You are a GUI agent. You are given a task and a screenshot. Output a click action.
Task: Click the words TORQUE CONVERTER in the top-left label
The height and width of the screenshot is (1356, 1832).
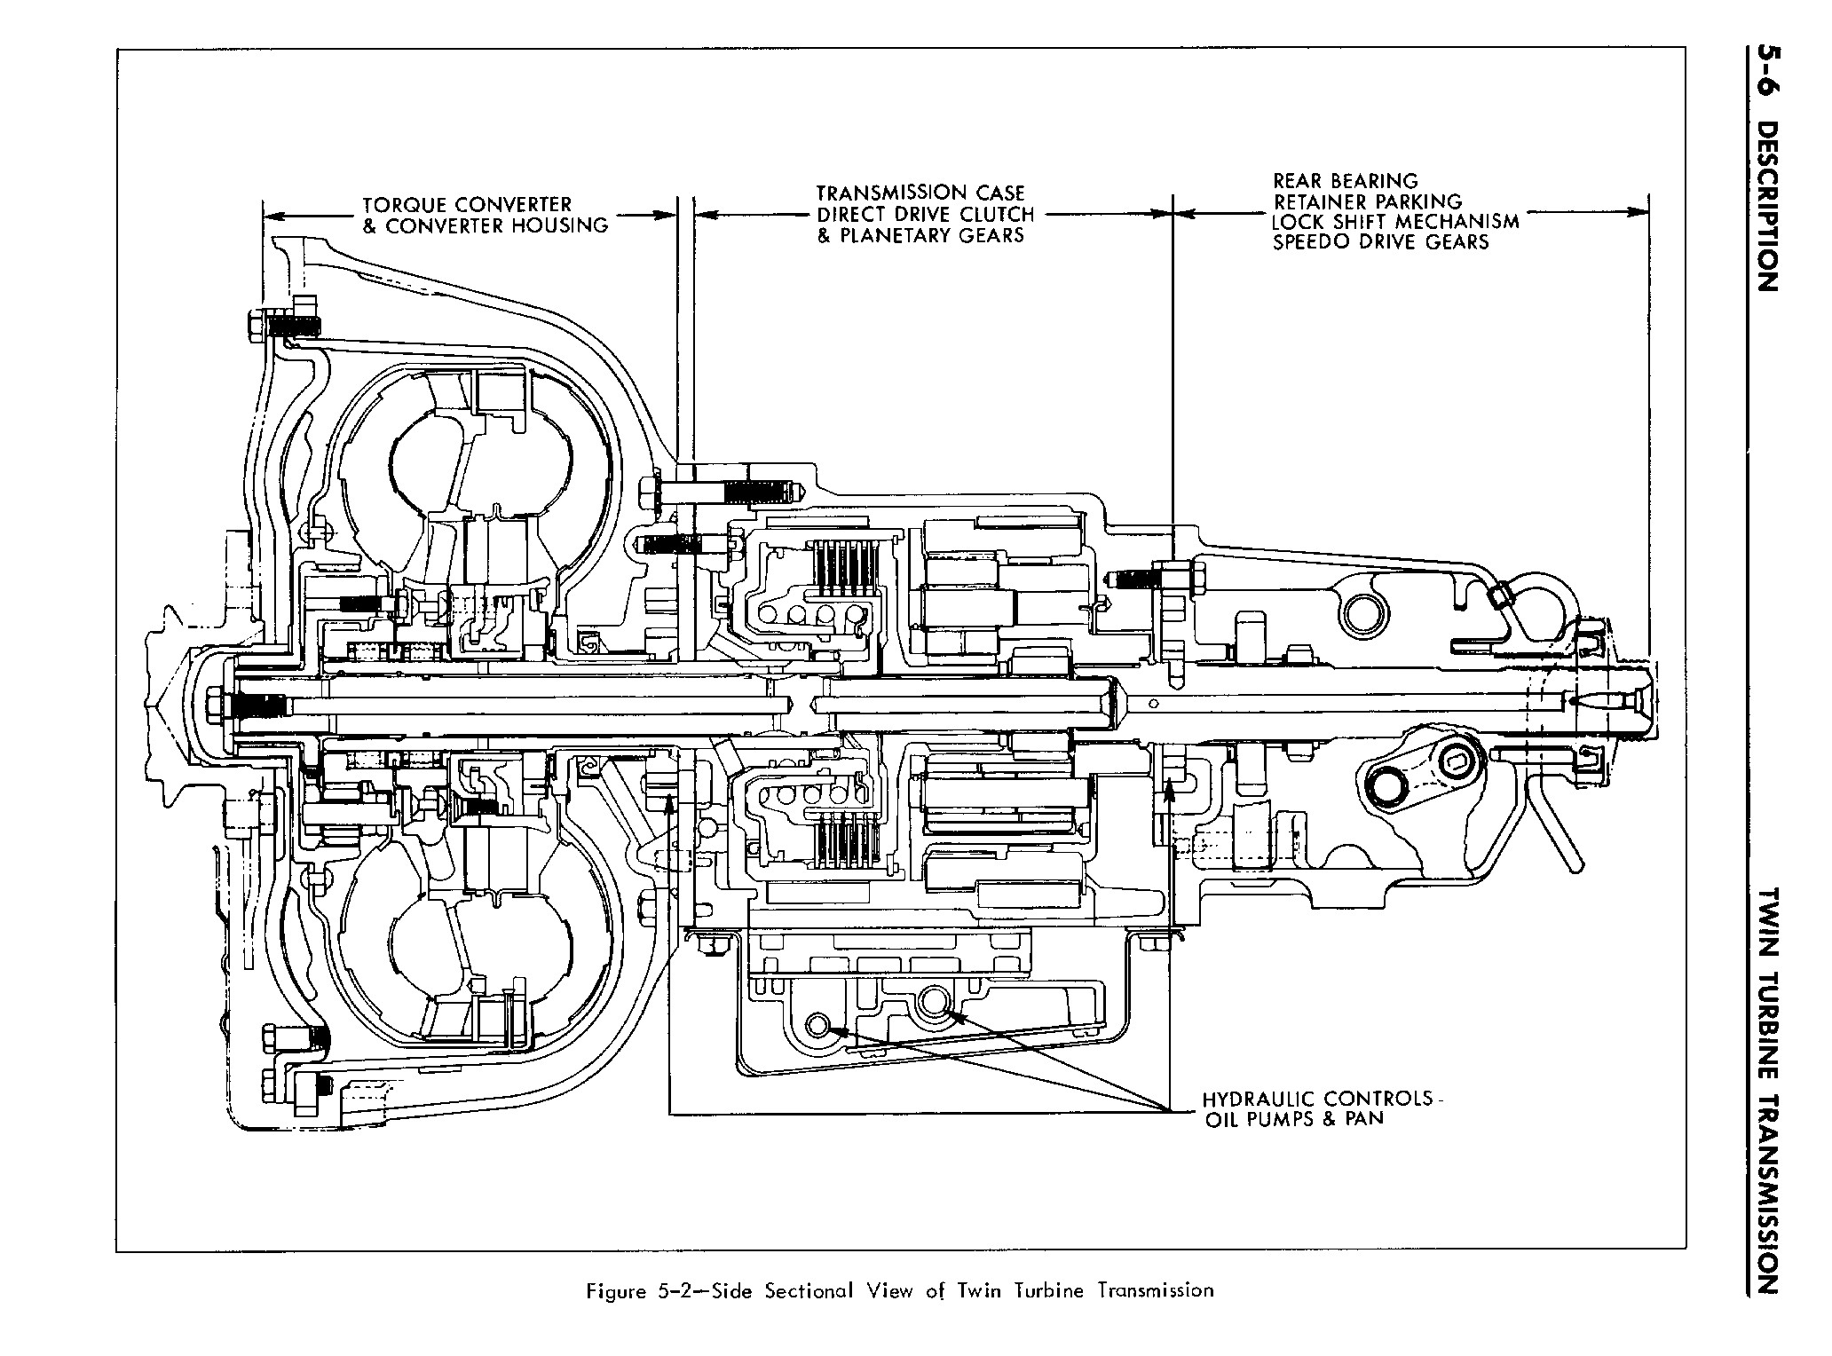[467, 205]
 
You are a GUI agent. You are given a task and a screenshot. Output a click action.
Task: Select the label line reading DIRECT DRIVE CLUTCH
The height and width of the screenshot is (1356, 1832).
[925, 214]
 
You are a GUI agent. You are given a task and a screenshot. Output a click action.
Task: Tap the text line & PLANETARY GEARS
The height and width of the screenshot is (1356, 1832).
[920, 235]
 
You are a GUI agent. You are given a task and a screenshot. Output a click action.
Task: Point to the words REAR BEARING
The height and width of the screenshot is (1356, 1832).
[1345, 182]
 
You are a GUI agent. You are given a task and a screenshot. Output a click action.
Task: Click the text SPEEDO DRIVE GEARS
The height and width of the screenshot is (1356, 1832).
[1380, 242]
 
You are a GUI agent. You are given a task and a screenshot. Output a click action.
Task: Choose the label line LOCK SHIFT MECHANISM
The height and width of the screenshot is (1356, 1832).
[1394, 222]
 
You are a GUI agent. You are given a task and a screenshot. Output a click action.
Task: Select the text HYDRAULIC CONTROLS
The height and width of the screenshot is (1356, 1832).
[1317, 1098]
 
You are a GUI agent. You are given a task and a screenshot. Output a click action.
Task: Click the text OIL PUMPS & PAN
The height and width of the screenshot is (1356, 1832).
[1293, 1119]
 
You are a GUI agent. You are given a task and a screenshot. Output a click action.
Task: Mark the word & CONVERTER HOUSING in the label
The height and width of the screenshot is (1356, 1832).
[485, 225]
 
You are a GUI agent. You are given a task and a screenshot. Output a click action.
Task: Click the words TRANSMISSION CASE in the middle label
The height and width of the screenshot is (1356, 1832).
[920, 193]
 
